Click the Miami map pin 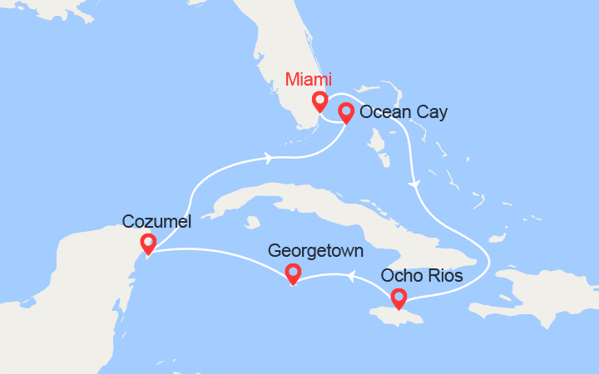319,102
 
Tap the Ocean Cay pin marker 347,112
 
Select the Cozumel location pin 148,244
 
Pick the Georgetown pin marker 293,273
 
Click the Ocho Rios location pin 399,298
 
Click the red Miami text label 308,81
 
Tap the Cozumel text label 156,221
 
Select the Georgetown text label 315,249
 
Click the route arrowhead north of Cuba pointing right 270,157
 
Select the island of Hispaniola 541,295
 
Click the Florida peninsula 275,66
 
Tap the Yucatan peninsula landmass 92,266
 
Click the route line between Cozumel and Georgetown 225,253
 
